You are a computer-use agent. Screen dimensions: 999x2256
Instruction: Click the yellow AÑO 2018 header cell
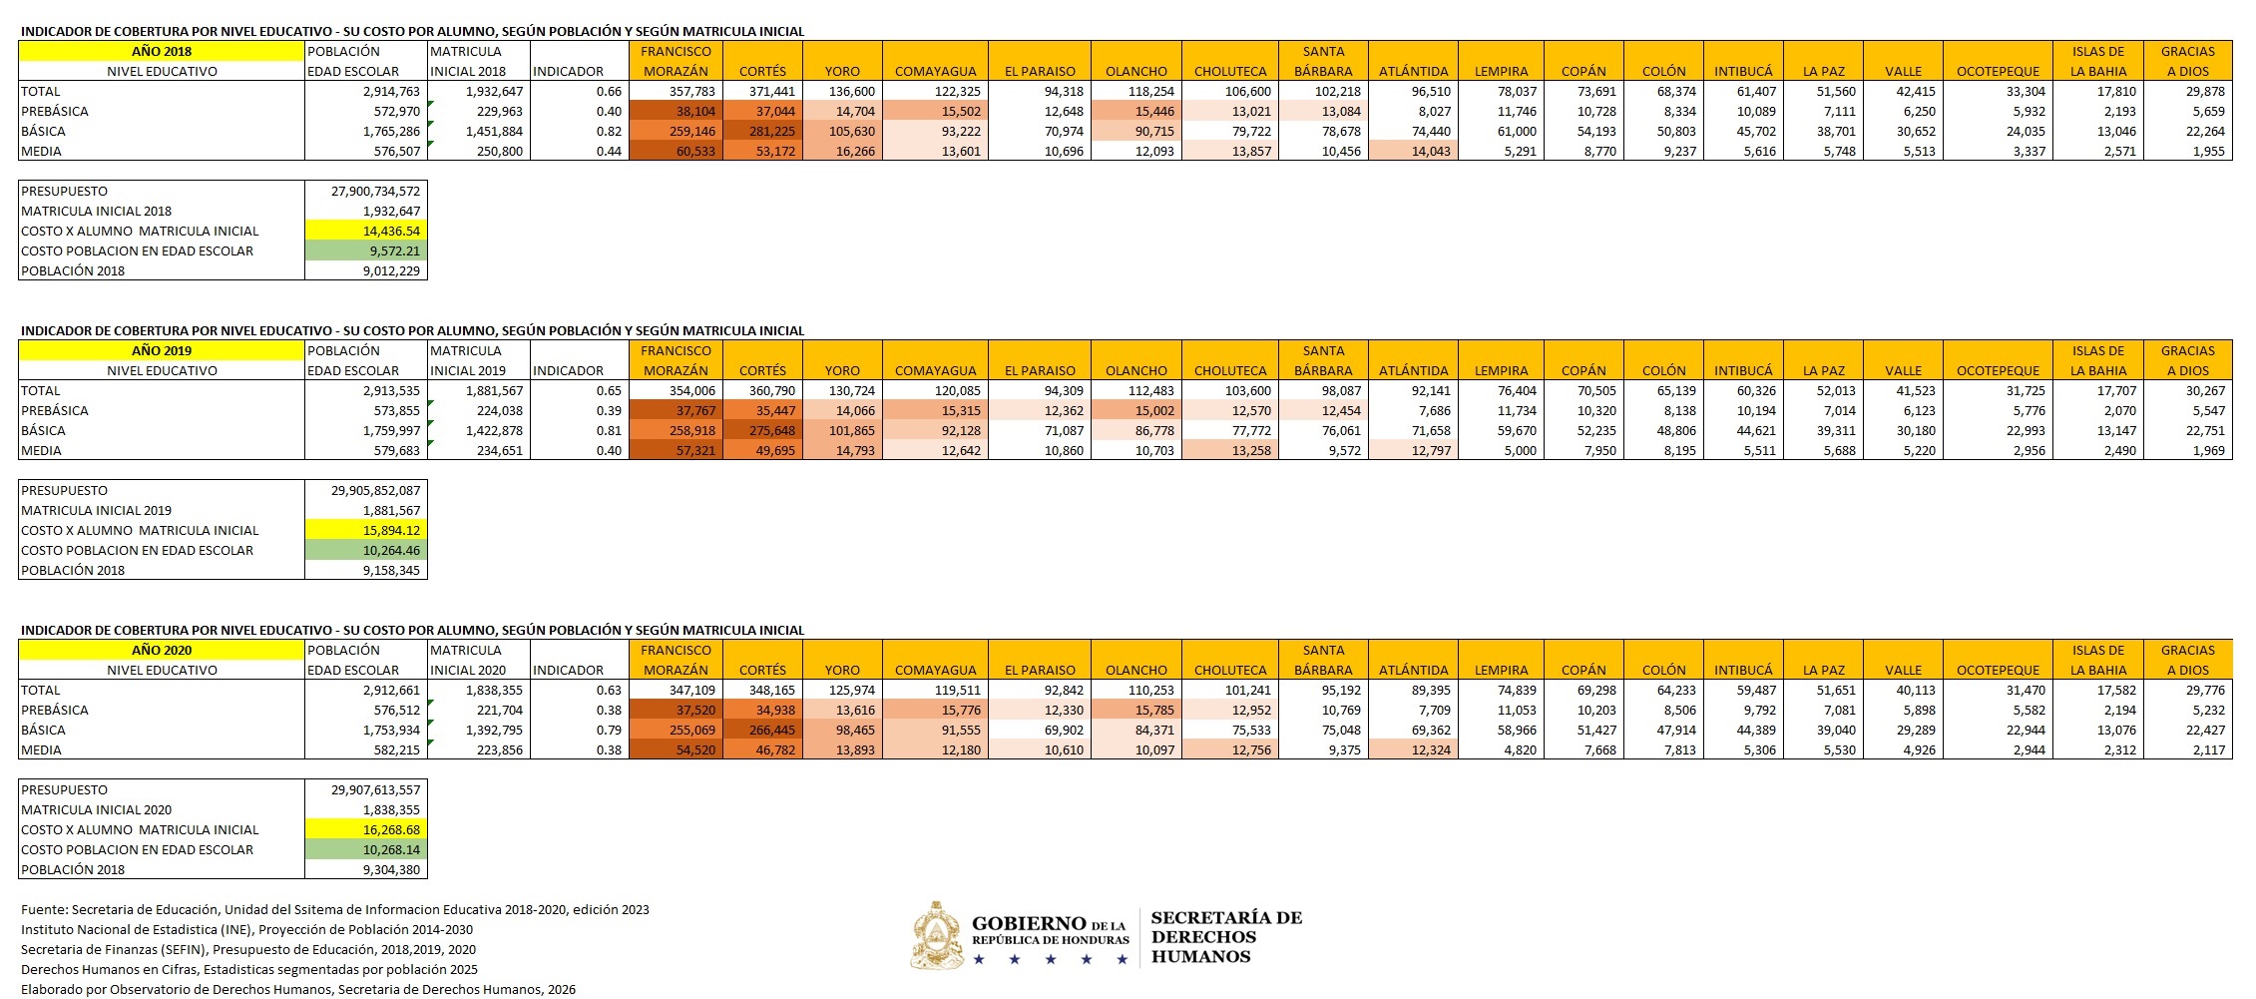[x=161, y=51]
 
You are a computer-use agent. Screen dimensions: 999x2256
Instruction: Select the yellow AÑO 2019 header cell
[x=161, y=350]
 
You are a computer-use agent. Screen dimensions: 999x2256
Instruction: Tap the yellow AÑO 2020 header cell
[x=161, y=650]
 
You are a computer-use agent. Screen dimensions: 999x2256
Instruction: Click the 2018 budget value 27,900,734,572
[x=375, y=191]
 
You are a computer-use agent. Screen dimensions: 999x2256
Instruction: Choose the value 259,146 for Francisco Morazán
[x=687, y=131]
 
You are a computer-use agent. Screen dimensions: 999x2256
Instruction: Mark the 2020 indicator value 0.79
[x=609, y=730]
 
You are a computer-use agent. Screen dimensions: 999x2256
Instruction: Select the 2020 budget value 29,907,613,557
[x=375, y=789]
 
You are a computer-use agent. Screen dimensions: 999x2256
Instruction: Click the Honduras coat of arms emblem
[x=936, y=936]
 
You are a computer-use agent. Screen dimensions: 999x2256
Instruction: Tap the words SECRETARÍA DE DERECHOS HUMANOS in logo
[x=1226, y=937]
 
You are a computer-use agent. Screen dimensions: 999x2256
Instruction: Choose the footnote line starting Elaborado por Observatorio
[x=297, y=989]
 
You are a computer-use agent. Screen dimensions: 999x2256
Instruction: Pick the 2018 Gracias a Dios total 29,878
[x=2204, y=91]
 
